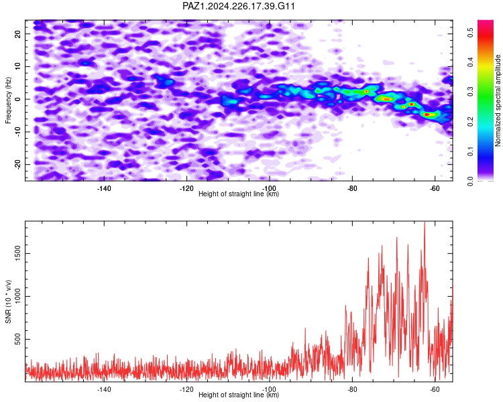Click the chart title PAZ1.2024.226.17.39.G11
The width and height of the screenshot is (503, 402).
click(x=238, y=6)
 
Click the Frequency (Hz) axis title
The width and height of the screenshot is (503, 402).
click(x=8, y=100)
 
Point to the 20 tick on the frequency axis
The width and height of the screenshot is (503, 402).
click(x=17, y=33)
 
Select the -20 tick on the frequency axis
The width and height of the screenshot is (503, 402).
click(x=17, y=164)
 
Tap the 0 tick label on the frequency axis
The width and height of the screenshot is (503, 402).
click(x=17, y=99)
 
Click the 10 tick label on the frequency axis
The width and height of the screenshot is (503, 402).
click(x=17, y=66)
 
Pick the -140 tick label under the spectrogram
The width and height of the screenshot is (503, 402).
click(x=104, y=188)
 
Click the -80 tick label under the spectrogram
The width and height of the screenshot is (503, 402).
click(x=352, y=188)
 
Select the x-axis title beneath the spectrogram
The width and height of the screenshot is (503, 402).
click(x=239, y=194)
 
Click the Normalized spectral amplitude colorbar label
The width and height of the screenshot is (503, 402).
click(x=498, y=100)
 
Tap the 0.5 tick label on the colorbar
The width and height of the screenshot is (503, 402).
click(x=470, y=32)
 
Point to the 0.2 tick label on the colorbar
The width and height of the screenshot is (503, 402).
click(x=470, y=122)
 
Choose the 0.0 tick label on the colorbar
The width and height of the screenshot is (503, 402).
click(x=470, y=182)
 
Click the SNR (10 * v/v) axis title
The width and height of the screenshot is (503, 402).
click(x=8, y=301)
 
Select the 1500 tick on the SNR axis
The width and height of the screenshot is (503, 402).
click(x=17, y=253)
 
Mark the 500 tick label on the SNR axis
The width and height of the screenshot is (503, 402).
click(x=17, y=339)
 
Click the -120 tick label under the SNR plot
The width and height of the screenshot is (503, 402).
click(x=186, y=389)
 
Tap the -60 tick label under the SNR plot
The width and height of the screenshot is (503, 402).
click(x=435, y=389)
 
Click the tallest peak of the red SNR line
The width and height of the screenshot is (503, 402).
click(x=425, y=222)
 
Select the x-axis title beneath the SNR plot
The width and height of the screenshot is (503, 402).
click(x=239, y=395)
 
